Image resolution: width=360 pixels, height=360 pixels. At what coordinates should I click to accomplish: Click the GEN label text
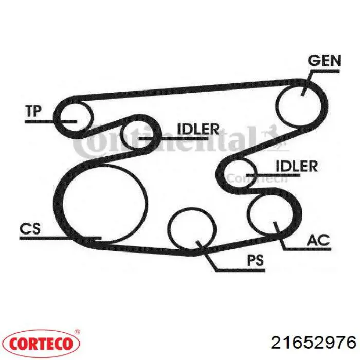324,61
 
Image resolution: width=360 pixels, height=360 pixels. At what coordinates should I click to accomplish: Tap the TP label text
33,111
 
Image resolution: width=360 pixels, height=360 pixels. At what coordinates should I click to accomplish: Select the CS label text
30,228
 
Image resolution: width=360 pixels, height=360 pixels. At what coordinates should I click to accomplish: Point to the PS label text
255,260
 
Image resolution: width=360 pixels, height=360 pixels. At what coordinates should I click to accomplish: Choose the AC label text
318,240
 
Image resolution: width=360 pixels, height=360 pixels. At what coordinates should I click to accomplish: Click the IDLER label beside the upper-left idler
198,129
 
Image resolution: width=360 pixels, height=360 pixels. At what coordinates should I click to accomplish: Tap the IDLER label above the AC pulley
297,166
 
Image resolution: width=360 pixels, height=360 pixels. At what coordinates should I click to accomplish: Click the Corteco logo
41,344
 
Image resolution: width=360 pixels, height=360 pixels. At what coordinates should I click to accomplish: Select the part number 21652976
314,343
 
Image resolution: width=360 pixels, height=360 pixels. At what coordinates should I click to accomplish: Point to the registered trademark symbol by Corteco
77,332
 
